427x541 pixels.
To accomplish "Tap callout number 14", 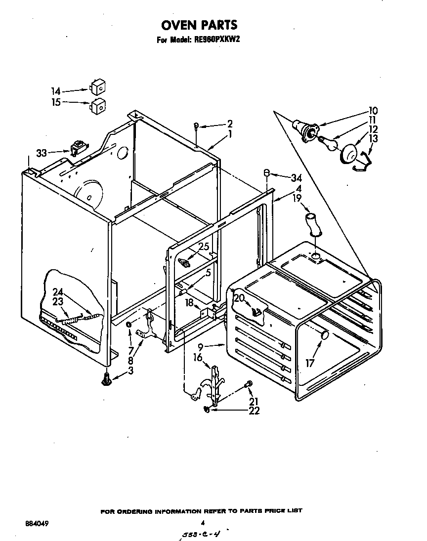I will point(55,91).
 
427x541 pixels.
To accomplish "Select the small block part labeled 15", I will point(97,105).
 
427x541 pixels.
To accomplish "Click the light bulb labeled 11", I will point(327,143).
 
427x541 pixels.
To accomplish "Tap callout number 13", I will point(373,139).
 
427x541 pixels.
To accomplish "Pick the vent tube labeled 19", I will point(313,224).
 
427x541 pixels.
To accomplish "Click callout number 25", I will point(204,247).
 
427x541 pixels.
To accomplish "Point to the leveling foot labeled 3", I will point(106,381).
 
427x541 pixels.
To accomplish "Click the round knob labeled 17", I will point(324,335).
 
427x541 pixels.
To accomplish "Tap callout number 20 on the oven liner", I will point(239,298).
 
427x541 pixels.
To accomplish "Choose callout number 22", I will point(255,411).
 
